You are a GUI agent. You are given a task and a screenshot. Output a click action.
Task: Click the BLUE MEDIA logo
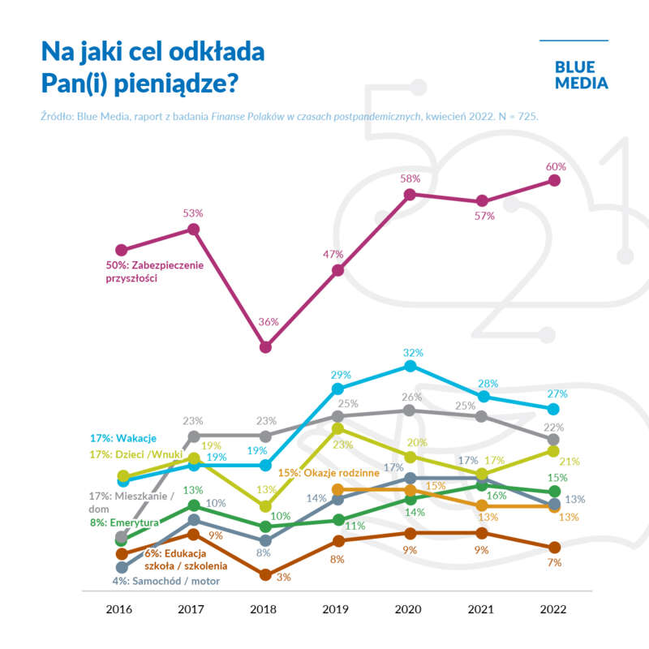pyautogui.click(x=581, y=75)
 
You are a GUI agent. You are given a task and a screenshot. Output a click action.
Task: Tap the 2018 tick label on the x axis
pyautogui.click(x=265, y=609)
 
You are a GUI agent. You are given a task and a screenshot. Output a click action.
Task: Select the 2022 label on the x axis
pyautogui.click(x=554, y=609)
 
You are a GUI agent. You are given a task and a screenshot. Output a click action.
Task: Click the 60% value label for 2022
pyautogui.click(x=556, y=166)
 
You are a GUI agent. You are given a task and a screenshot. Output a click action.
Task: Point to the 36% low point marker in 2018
pyautogui.click(x=266, y=347)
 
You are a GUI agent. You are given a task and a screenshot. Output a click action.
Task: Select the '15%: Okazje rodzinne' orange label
pyautogui.click(x=329, y=472)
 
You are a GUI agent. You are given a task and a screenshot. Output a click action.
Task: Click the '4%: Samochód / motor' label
pyautogui.click(x=166, y=580)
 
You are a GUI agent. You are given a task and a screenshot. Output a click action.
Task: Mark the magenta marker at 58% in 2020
pyautogui.click(x=410, y=195)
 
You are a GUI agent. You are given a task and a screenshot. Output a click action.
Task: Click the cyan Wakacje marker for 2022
pyautogui.click(x=554, y=408)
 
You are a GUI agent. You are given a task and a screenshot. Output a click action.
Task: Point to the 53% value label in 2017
pyautogui.click(x=193, y=213)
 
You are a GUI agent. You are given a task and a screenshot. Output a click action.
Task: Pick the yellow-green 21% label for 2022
pyautogui.click(x=569, y=461)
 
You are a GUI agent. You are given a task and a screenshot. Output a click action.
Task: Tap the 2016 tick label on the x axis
pyautogui.click(x=121, y=609)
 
